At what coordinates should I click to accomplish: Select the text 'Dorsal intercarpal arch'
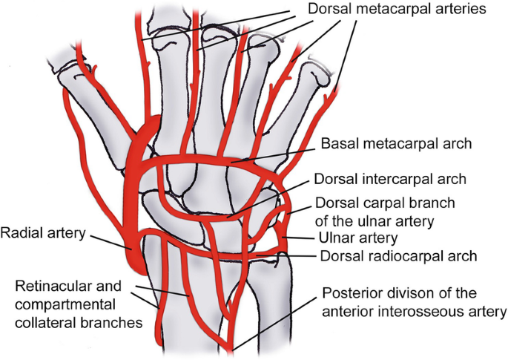pos(390,180)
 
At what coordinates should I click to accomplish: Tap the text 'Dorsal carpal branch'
pos(385,203)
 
